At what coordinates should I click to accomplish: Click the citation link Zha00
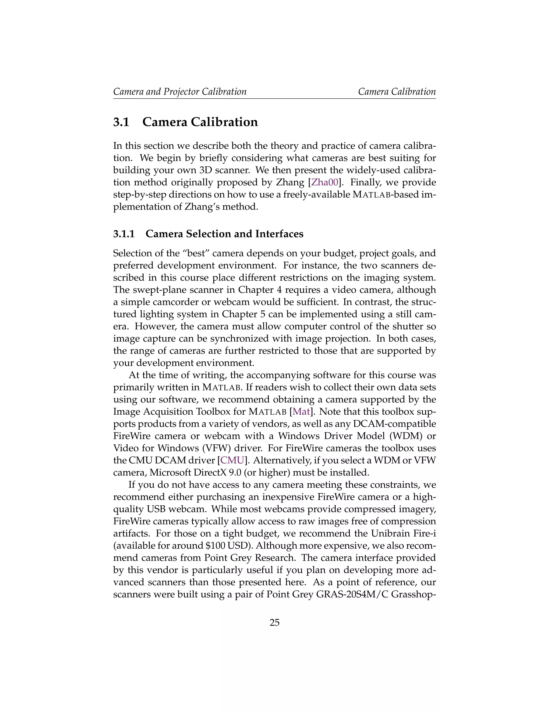click(x=324, y=182)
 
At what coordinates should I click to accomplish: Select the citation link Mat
click(x=301, y=412)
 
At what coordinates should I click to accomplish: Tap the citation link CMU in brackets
click(x=232, y=460)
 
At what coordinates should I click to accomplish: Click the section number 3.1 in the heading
click(x=121, y=122)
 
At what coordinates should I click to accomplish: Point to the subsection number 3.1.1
click(x=124, y=234)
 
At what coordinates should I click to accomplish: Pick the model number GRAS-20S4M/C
click(x=352, y=594)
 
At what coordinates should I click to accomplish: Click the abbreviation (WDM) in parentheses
click(x=407, y=436)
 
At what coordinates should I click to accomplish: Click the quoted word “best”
click(x=194, y=253)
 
